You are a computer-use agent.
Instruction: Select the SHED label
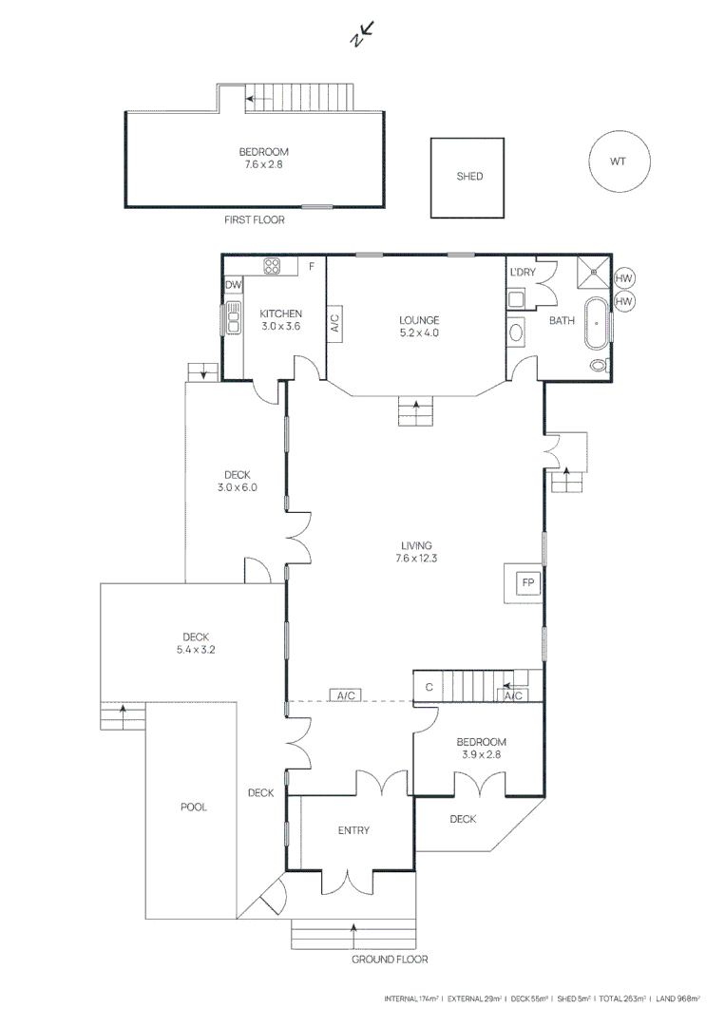(469, 176)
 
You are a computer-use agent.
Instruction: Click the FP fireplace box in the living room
(528, 582)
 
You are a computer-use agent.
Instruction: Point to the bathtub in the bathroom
(596, 323)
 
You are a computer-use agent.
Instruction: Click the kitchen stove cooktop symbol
(272, 266)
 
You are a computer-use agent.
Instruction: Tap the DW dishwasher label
(233, 285)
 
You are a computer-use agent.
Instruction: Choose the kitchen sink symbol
(233, 317)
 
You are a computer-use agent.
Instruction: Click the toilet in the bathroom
(600, 365)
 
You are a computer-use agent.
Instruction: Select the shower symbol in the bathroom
(593, 272)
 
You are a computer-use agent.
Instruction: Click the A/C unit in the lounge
(334, 323)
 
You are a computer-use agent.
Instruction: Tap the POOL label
(194, 807)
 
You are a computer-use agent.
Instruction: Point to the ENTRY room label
(353, 829)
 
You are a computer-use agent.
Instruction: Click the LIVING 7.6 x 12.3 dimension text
(416, 552)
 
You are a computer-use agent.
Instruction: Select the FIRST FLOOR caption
(255, 219)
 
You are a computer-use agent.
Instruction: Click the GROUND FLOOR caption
(390, 959)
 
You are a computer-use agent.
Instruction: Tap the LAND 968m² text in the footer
(677, 998)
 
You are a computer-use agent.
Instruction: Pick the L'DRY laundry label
(523, 272)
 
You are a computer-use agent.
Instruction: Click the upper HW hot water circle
(623, 278)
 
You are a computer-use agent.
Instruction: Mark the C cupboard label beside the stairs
(429, 687)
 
